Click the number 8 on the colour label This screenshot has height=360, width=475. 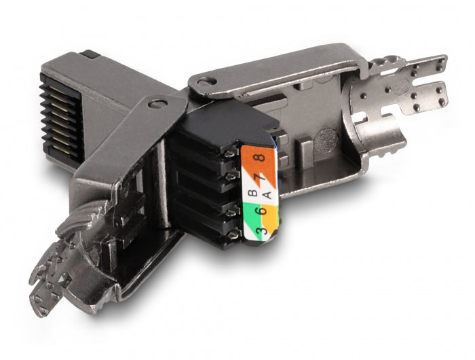261,158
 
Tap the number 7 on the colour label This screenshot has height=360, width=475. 261,177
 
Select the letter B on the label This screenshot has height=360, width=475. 252,193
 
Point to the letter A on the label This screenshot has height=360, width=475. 267,195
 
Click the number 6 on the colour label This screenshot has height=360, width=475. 263,211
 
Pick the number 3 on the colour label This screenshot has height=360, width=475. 261,230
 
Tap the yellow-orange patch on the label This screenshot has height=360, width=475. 270,217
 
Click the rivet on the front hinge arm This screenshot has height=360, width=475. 158,105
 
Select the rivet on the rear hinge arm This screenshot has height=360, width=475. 207,81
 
